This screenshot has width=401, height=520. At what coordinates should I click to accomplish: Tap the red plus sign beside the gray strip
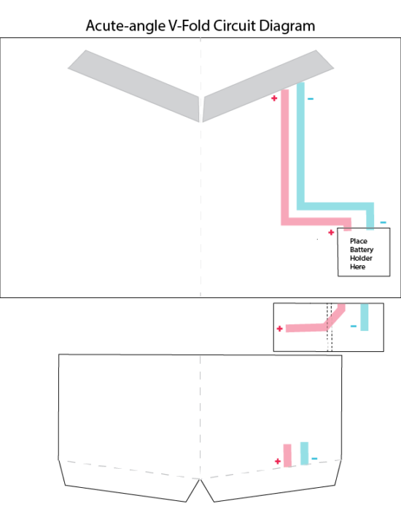tap(274, 98)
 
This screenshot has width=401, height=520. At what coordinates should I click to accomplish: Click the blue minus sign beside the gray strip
tap(311, 99)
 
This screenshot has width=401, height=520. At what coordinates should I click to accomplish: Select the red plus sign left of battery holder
tap(331, 232)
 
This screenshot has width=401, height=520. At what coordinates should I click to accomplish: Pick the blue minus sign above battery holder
tap(383, 222)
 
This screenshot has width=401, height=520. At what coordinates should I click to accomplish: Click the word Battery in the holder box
tap(362, 250)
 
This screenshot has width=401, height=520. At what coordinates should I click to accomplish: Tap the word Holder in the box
tap(361, 258)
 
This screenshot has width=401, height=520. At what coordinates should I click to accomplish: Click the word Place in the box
tap(359, 241)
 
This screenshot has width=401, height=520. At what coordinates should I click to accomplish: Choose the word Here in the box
tap(358, 267)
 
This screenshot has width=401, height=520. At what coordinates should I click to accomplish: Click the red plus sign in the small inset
tap(279, 329)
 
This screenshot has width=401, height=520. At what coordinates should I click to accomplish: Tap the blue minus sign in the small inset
tap(354, 326)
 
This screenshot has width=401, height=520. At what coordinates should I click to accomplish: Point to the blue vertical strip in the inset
tap(365, 317)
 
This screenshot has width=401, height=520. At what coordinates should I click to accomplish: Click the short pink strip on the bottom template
tap(287, 456)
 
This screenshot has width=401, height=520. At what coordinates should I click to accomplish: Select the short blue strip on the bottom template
tap(304, 454)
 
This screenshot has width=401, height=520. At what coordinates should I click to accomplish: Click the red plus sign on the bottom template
tap(278, 461)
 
